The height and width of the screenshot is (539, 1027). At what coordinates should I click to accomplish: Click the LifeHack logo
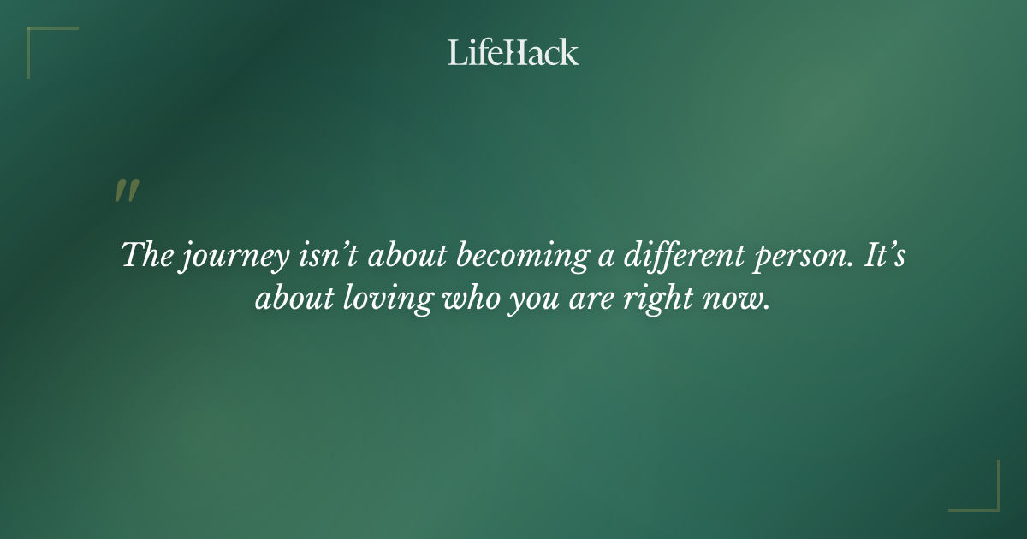513,52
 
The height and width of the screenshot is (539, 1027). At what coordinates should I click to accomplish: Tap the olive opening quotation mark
127,191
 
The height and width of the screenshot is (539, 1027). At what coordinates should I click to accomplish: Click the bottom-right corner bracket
984,496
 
